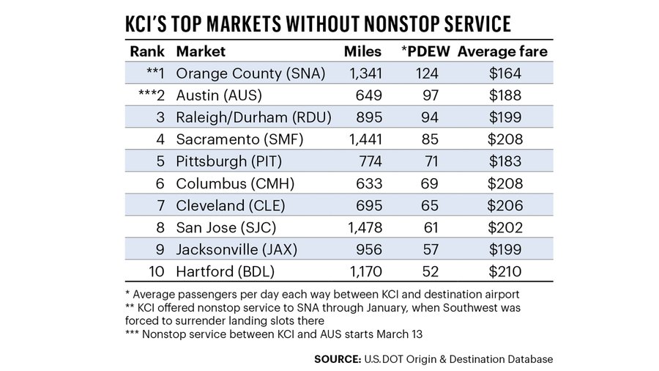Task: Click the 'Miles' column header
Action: pos(362,52)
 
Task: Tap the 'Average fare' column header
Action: pos(502,52)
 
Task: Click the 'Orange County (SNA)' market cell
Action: pos(251,73)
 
